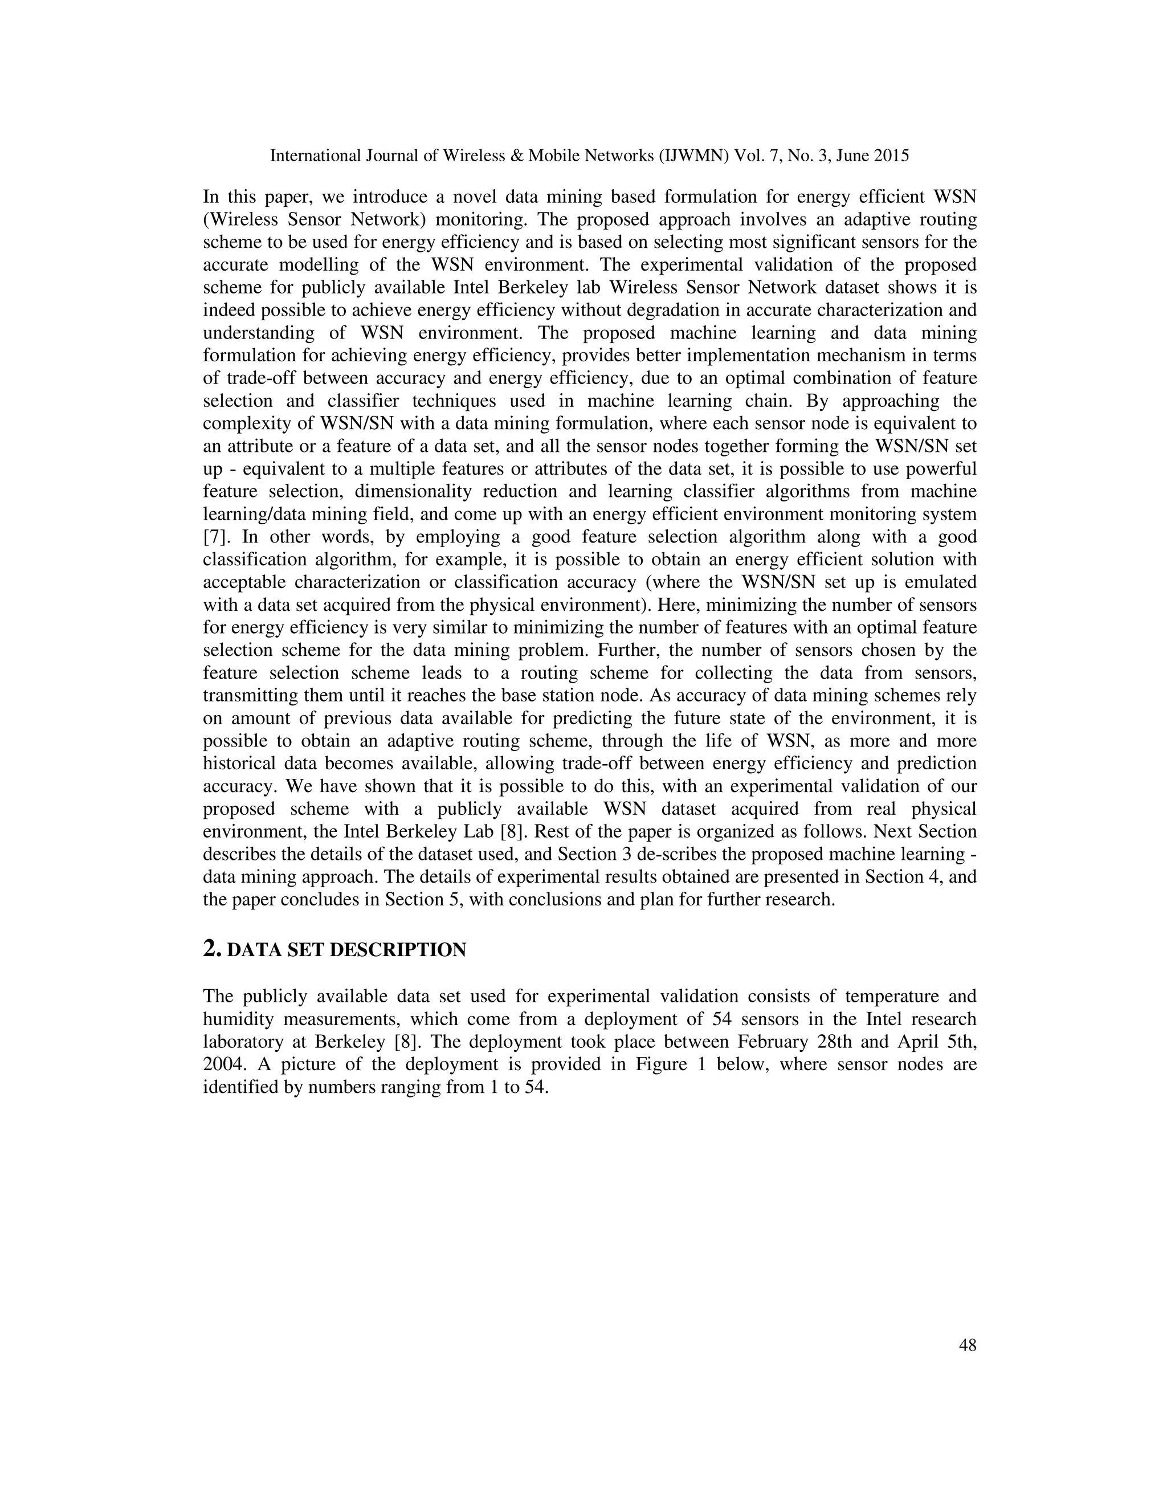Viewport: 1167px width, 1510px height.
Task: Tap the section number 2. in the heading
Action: [x=211, y=949]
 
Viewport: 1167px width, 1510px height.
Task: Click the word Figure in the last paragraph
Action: [x=655, y=1064]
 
